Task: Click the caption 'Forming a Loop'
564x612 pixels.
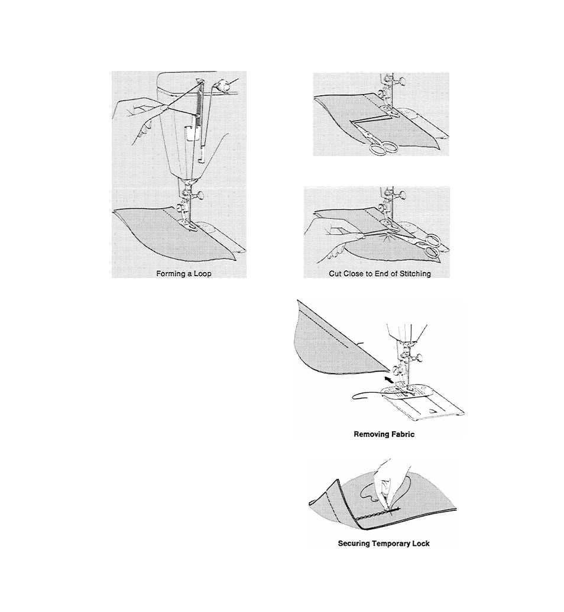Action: pyautogui.click(x=183, y=274)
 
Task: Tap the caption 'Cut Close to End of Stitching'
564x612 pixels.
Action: pyautogui.click(x=380, y=274)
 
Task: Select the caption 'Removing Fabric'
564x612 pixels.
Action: pyautogui.click(x=384, y=434)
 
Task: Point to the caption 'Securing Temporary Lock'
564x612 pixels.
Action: pyautogui.click(x=384, y=543)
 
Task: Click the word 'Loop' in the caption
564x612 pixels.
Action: pyautogui.click(x=203, y=274)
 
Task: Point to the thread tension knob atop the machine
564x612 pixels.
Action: pyautogui.click(x=223, y=85)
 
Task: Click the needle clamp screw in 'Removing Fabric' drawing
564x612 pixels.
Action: pyautogui.click(x=417, y=357)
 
